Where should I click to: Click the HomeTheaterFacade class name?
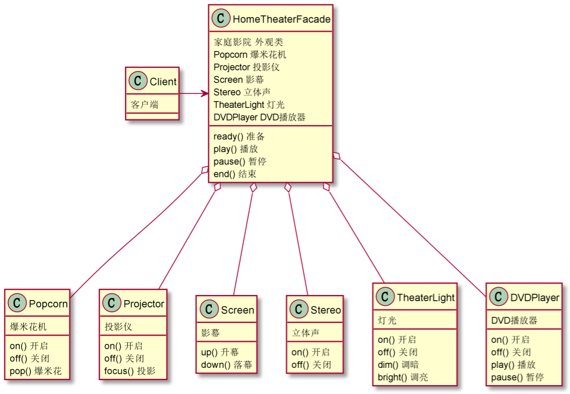pos(281,19)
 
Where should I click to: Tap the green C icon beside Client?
pos(138,82)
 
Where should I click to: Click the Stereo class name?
pos(326,310)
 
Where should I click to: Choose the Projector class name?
pos(143,304)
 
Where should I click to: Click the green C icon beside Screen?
pos(210,310)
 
